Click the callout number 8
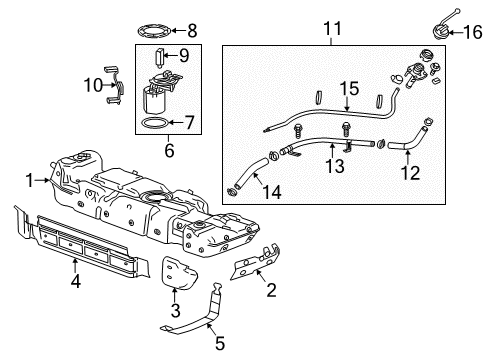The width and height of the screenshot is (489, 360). pyautogui.click(x=193, y=30)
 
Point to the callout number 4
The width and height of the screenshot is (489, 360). pyautogui.click(x=77, y=265)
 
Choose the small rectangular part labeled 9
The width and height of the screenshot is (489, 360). pyautogui.click(x=161, y=55)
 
